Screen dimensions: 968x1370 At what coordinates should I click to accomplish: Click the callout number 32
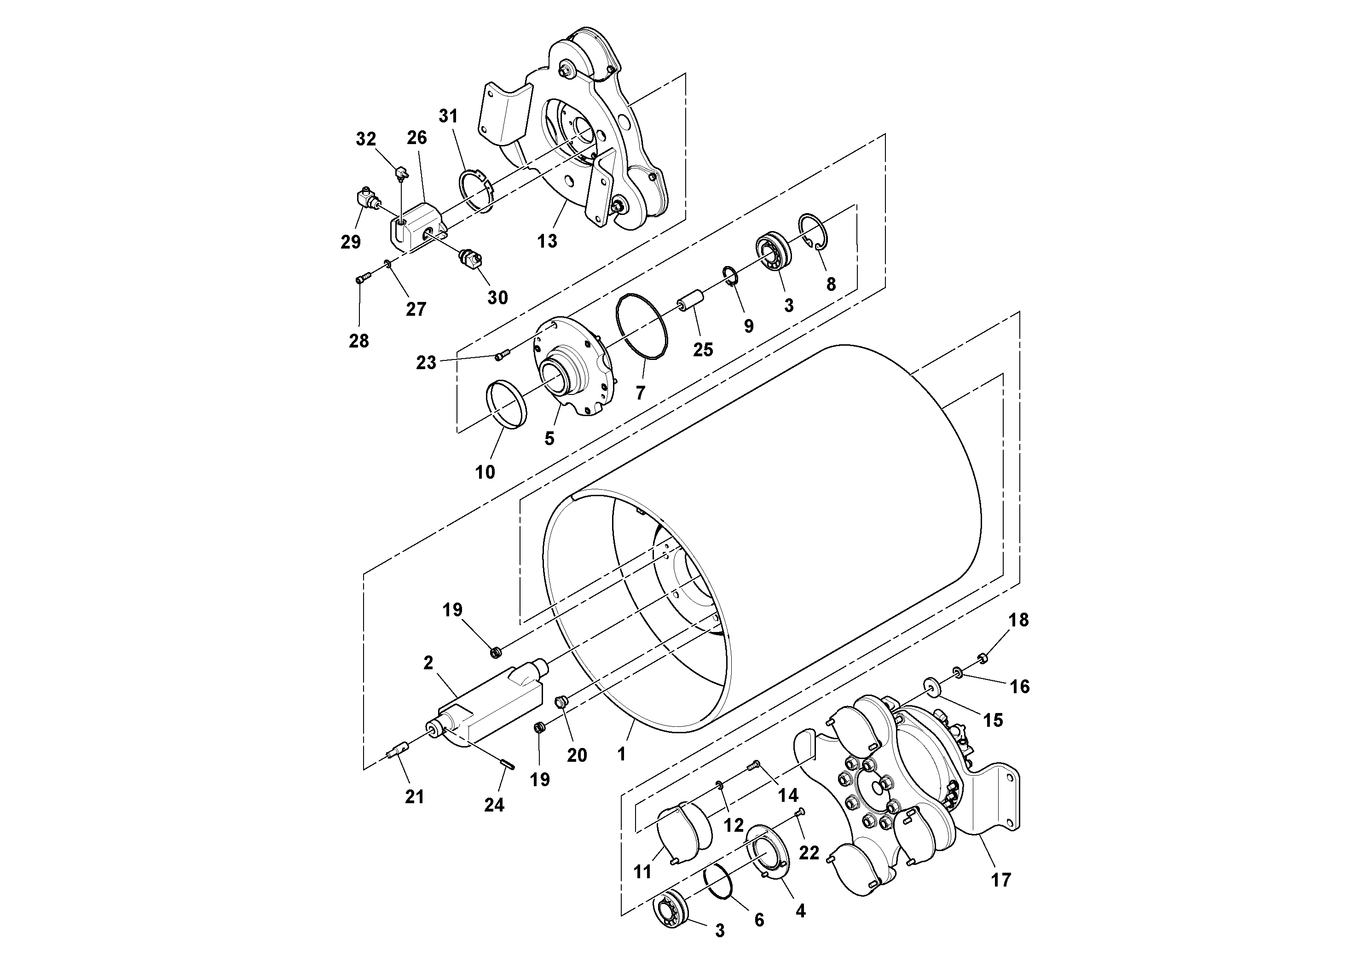(x=366, y=139)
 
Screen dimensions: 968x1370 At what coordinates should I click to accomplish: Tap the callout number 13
(x=547, y=241)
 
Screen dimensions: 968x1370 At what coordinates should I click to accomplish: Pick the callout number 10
(x=485, y=472)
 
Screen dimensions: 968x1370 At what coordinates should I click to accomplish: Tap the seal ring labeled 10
(x=507, y=405)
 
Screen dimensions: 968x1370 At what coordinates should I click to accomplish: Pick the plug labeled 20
(x=561, y=701)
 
